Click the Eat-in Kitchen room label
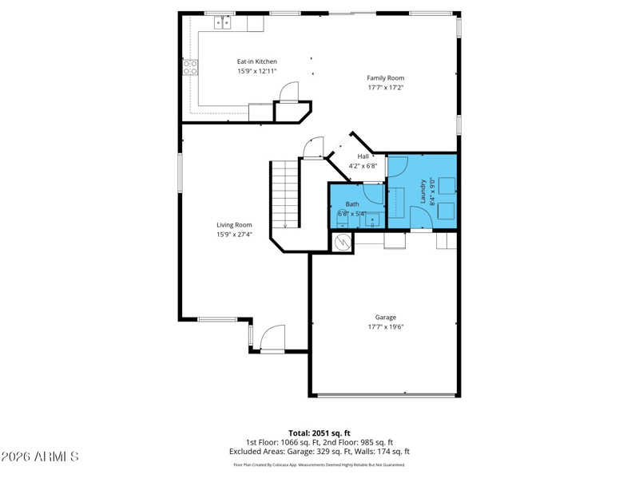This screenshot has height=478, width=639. point(256,61)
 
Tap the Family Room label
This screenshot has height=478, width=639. point(386,77)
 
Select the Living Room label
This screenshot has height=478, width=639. point(234,225)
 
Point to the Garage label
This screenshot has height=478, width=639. point(386,317)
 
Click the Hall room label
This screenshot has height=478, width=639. point(363,156)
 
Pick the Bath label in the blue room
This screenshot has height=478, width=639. point(352,204)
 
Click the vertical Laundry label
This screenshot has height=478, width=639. point(423,191)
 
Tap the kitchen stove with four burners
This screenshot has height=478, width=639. point(190,68)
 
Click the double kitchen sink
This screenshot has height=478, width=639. point(223,23)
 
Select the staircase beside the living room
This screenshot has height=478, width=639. point(285,194)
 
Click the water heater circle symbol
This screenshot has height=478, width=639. point(343,243)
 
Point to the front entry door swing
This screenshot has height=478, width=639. point(272,338)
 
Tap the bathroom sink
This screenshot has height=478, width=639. point(372,221)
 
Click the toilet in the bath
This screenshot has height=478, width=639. point(342,220)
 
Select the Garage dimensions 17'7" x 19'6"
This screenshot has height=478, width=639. point(386,326)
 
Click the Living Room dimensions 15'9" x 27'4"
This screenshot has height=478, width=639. point(234,234)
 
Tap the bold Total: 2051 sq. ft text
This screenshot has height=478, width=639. point(319,433)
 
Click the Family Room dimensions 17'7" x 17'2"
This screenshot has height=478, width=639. point(386,88)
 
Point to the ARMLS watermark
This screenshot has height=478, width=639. point(39,456)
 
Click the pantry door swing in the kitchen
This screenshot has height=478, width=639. point(289,91)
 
